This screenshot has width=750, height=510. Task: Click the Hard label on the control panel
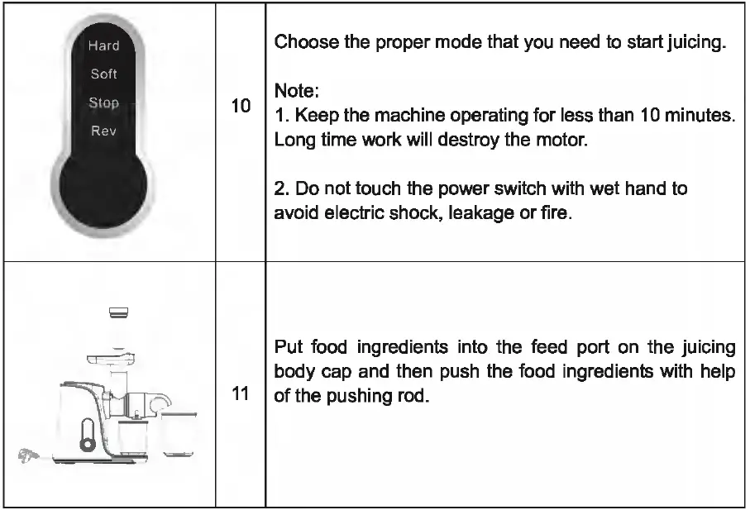pyautogui.click(x=104, y=45)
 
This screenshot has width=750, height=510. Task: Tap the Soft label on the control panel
pyautogui.click(x=104, y=74)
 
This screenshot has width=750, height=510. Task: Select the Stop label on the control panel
pyautogui.click(x=104, y=103)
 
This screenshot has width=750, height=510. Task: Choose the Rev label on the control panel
pyautogui.click(x=104, y=131)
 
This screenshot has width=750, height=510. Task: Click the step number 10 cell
pyautogui.click(x=241, y=107)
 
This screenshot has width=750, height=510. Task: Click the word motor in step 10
pyautogui.click(x=565, y=139)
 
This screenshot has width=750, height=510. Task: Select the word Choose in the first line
pyautogui.click(x=300, y=42)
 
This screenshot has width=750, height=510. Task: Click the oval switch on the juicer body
pyautogui.click(x=85, y=434)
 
